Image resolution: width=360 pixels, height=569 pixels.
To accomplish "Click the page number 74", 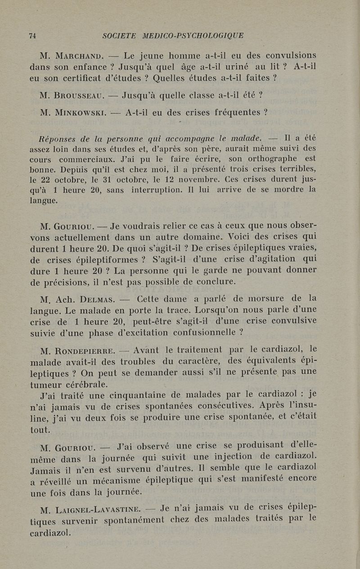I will click(x=32, y=36).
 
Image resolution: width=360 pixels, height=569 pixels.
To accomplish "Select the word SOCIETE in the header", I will click(x=119, y=36).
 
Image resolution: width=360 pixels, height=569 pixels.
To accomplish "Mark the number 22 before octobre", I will click(x=53, y=179).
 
